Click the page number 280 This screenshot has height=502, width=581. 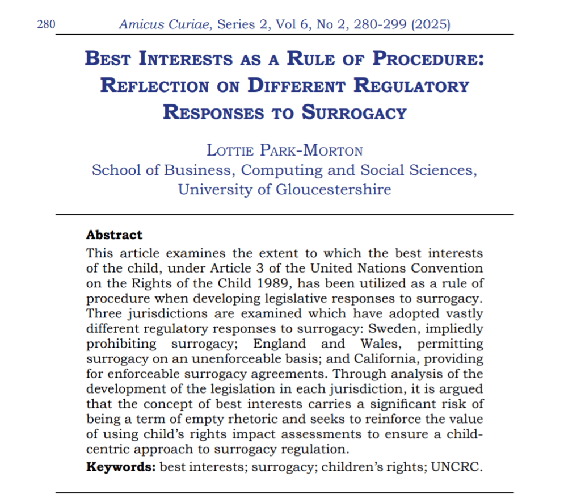[45, 24]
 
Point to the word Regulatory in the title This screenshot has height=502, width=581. [412, 85]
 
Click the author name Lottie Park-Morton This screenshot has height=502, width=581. [285, 150]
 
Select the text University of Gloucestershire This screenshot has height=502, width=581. [285, 189]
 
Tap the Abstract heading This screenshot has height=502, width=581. [114, 235]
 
